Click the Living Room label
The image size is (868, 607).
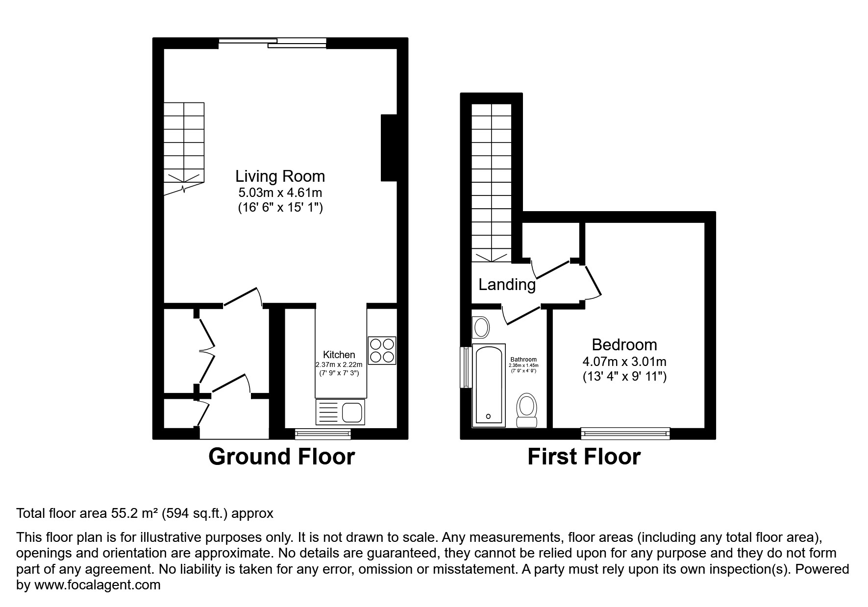pyautogui.click(x=280, y=176)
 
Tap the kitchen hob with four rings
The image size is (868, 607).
pyautogui.click(x=382, y=350)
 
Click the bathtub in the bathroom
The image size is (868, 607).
pyautogui.click(x=488, y=385)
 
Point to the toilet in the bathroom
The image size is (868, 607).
pyautogui.click(x=527, y=410)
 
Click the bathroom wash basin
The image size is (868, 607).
pyautogui.click(x=481, y=327)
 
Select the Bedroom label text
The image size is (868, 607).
pyautogui.click(x=624, y=344)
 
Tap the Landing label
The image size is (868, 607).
pyautogui.click(x=507, y=285)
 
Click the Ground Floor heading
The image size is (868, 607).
pyautogui.click(x=281, y=457)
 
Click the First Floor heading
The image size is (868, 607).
pyautogui.click(x=584, y=457)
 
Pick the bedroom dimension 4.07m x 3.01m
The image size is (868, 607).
pyautogui.click(x=624, y=362)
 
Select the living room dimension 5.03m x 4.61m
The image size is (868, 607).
pyautogui.click(x=280, y=193)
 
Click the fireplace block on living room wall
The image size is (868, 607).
pyautogui.click(x=388, y=148)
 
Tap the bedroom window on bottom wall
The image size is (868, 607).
pyautogui.click(x=625, y=433)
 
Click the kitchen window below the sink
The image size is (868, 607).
pyautogui.click(x=323, y=433)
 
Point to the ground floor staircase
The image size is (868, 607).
pyautogui.click(x=183, y=147)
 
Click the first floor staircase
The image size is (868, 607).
pyautogui.click(x=491, y=181)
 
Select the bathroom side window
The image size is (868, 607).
pyautogui.click(x=464, y=367)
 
